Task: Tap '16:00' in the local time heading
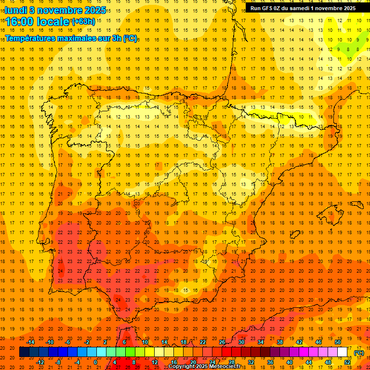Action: coord(20,21)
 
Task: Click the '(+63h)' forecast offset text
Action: coord(83,21)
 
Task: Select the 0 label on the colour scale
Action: coord(95,362)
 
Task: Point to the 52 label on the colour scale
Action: coord(347,362)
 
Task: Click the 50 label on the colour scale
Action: coord(338,342)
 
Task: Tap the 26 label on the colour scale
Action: coord(222,342)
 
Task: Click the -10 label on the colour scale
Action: coord(50,342)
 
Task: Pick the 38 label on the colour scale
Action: coord(280,342)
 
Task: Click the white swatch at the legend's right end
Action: coord(343,352)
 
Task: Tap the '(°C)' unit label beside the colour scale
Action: coord(359,352)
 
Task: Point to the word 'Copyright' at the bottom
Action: coord(182,367)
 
